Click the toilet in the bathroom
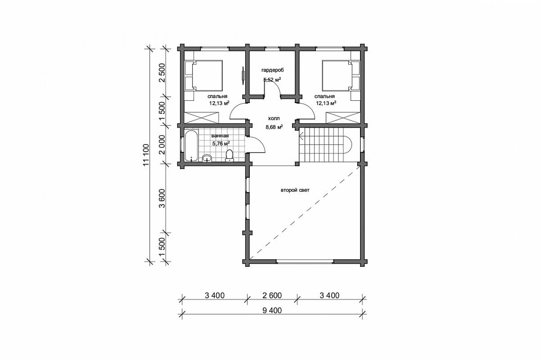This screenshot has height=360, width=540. pos(229,155)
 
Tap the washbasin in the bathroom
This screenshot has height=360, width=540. pos(207,158)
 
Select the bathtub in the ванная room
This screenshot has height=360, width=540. pos(191,146)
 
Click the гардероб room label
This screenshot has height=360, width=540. pos(272,70)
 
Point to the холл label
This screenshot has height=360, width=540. pos(274,118)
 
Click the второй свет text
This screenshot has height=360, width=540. pos(295,190)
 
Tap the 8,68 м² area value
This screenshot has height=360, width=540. pos(274,127)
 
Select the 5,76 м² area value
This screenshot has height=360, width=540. pos(221,144)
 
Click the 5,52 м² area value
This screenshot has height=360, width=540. pos(272,80)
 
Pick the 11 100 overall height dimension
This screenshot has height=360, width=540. pos(146,155)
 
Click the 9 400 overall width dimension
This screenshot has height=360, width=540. pos(272,310)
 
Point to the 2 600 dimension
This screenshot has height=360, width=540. pos(272,295)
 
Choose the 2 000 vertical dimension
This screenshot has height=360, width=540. pos(162,145)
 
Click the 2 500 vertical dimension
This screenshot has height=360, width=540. pos(162,73)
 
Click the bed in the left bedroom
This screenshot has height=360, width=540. pos(204,75)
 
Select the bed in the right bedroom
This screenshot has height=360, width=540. pos(341,75)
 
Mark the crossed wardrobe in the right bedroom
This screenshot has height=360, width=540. pos(343,117)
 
